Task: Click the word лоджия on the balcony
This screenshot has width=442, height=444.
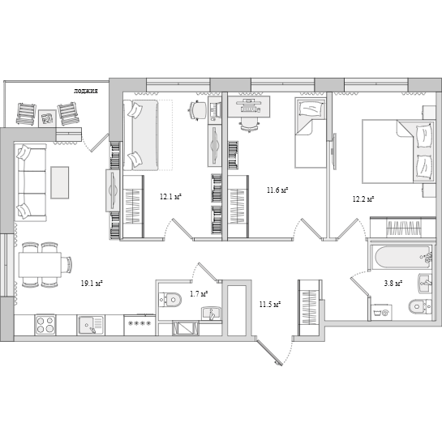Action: click(86, 92)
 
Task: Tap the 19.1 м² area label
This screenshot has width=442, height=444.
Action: click(92, 283)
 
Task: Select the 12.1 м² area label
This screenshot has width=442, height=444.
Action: click(170, 197)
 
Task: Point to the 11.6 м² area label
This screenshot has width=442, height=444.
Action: click(277, 190)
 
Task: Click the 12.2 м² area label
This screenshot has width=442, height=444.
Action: click(363, 199)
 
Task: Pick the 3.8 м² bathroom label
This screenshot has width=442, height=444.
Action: click(394, 283)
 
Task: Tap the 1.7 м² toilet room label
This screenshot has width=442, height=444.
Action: click(199, 294)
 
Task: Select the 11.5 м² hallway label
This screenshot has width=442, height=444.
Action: click(270, 305)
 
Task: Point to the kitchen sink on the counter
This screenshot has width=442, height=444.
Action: click(91, 325)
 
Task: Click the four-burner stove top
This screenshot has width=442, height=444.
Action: click(45, 325)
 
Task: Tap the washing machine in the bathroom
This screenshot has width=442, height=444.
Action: click(381, 313)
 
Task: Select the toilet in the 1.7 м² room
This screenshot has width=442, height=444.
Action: click(170, 299)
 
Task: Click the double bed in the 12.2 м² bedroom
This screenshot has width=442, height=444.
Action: click(398, 152)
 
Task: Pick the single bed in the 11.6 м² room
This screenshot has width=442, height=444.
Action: click(311, 133)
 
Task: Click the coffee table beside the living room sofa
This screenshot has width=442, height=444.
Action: click(59, 182)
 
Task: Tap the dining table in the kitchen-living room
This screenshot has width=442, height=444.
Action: click(40, 265)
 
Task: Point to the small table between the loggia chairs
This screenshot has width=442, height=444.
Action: click(47, 117)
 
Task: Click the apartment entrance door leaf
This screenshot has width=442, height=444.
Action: click(269, 352)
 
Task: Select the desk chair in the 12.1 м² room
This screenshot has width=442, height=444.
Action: click(198, 110)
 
